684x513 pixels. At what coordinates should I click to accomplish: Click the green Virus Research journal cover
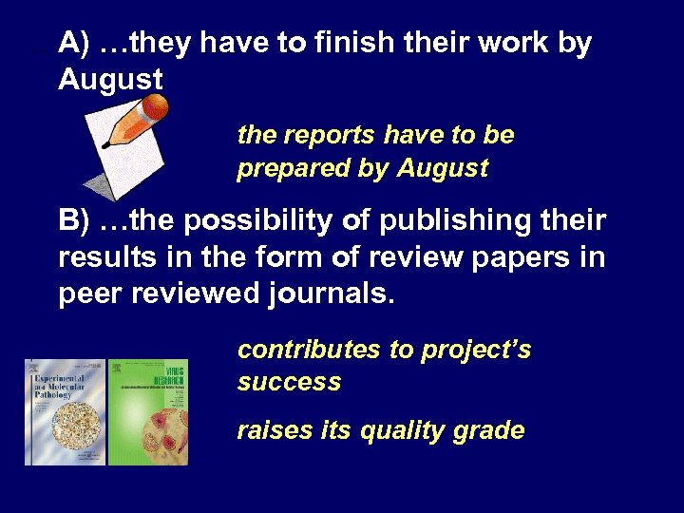[x=149, y=412]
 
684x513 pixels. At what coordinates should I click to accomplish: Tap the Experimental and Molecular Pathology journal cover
[x=65, y=412]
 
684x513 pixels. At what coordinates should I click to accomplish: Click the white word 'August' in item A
[x=110, y=80]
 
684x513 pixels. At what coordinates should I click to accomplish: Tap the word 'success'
[x=289, y=382]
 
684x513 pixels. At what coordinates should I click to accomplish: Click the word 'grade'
[x=489, y=430]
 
